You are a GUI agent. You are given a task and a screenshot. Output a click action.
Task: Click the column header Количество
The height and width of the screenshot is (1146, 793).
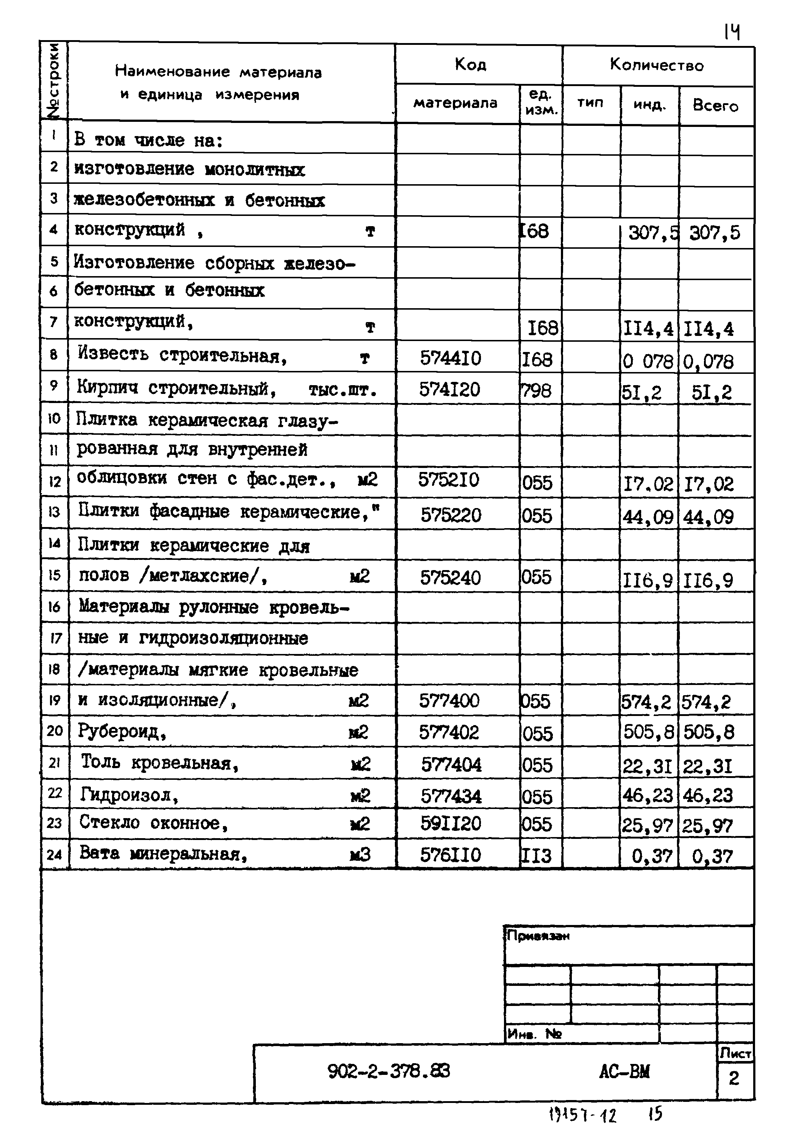click(x=657, y=65)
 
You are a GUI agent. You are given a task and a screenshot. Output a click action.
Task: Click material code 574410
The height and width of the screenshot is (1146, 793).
click(x=450, y=357)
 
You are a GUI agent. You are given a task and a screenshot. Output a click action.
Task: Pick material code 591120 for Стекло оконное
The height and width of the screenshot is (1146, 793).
click(x=451, y=823)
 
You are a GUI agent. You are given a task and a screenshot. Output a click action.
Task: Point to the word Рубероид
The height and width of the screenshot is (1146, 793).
click(x=121, y=731)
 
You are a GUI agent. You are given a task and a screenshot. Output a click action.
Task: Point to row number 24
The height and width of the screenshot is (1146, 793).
click(x=54, y=855)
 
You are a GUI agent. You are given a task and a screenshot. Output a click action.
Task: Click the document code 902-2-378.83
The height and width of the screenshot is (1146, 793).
click(x=389, y=1071)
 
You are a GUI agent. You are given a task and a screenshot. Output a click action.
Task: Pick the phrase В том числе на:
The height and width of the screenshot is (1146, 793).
click(x=148, y=140)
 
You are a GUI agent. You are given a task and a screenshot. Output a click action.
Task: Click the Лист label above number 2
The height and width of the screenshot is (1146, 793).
click(x=735, y=1053)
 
